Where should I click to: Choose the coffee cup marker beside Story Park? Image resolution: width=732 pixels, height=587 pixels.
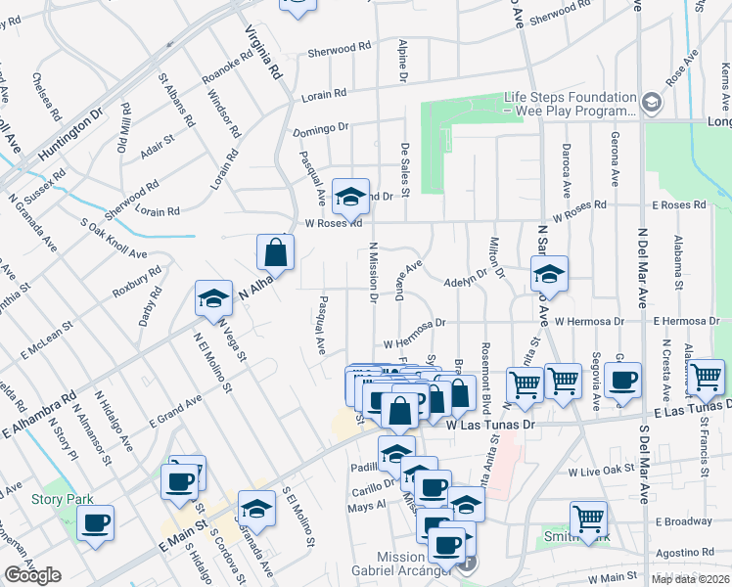pos(95,522)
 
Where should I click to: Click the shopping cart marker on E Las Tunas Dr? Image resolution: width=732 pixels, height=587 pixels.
pos(706,377)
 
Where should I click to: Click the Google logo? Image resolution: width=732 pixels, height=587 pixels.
pos(32,576)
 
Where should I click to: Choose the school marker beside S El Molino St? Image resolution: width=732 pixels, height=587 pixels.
pos(256,508)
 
